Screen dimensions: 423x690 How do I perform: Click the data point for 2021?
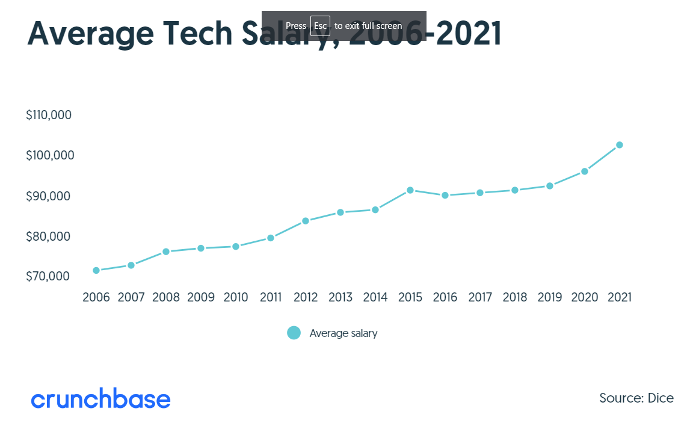coord(619,145)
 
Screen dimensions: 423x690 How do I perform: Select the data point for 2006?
coord(96,271)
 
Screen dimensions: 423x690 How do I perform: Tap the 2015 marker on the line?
coord(410,190)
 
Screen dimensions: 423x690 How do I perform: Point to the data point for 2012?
coord(306,221)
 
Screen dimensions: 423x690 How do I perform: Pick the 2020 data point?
coord(584,171)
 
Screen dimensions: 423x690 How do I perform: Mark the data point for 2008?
coord(166,252)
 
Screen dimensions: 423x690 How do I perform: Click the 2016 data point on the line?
coord(445,196)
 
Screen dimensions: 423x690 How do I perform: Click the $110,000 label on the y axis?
coord(49,115)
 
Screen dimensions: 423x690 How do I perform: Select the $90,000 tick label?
coord(50,196)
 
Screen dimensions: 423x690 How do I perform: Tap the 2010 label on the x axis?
coord(236,298)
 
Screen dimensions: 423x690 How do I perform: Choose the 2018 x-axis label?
coord(514,298)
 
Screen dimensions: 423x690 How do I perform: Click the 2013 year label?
coord(340,298)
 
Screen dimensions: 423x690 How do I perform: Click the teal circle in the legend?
coord(294,333)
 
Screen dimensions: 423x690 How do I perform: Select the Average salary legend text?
coord(343,333)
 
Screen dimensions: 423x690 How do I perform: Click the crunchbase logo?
coord(100,399)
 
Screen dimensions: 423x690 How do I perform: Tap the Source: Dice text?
coord(636,398)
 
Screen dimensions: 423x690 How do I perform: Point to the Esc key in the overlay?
coord(320,26)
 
